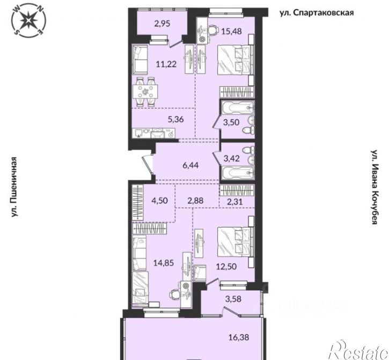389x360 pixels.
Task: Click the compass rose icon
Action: pos(29,20)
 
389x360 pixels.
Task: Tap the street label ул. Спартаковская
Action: pos(317,13)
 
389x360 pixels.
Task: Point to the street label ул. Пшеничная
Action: pos(15,187)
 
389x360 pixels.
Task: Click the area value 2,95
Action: pos(162,24)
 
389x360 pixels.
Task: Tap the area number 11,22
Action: pos(166,64)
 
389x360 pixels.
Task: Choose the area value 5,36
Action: pos(175,119)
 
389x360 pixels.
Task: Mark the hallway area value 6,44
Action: pos(190,165)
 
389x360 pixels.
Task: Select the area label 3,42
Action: pos(232,158)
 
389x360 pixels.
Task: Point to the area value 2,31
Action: pos(234,201)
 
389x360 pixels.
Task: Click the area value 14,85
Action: pos(164,263)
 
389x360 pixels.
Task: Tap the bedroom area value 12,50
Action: pos(226,267)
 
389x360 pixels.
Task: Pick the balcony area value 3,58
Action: pos(233,299)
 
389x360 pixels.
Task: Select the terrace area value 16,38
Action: pos(238,337)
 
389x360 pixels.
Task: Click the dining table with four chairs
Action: pos(145,92)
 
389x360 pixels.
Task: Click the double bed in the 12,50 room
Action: pos(234,242)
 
